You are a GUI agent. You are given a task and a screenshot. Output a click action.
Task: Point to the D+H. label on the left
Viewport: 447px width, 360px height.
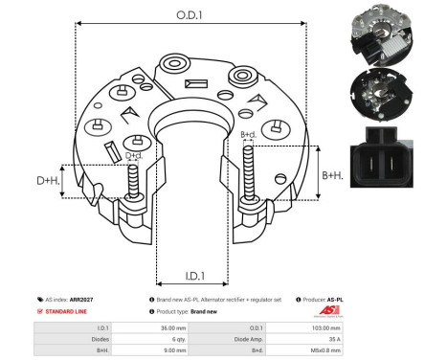49,181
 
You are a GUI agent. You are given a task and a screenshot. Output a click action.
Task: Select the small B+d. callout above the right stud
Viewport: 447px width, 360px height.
247,135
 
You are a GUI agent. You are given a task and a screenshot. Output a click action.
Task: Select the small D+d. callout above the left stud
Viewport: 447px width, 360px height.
134,156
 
